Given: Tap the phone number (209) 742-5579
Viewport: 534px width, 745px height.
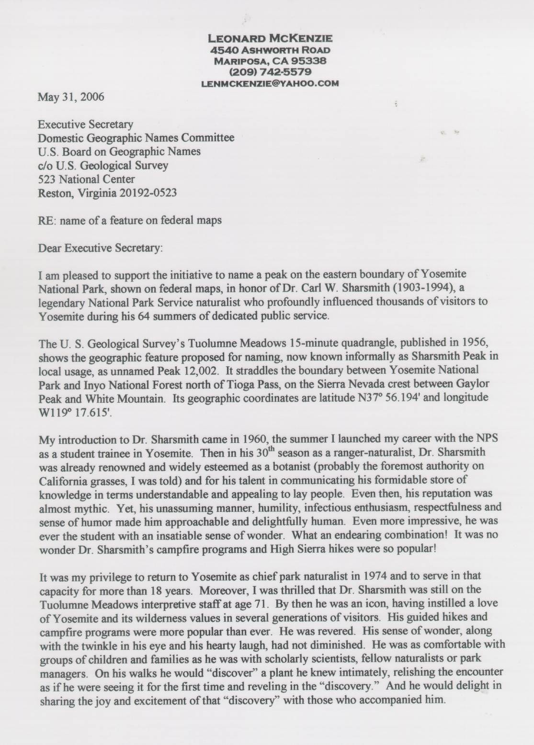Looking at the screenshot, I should point(271,72).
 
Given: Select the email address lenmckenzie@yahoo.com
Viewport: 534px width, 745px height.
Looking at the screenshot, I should point(271,83).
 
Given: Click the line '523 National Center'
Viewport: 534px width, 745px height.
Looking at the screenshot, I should point(86,179).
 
